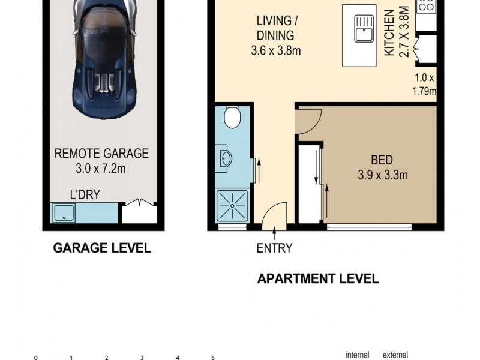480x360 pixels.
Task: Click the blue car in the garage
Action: click(x=101, y=57)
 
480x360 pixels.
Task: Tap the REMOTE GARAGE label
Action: click(x=101, y=154)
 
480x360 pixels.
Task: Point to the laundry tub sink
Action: click(x=63, y=213)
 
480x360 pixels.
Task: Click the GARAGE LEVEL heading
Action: click(x=102, y=248)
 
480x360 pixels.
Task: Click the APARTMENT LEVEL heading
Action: click(x=318, y=278)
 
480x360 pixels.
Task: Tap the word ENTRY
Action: click(x=274, y=248)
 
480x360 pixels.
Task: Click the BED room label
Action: click(x=381, y=160)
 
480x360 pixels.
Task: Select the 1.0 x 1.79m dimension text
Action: click(x=424, y=85)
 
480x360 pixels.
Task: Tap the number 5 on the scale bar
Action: click(x=213, y=358)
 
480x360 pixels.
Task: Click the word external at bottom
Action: click(x=396, y=355)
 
